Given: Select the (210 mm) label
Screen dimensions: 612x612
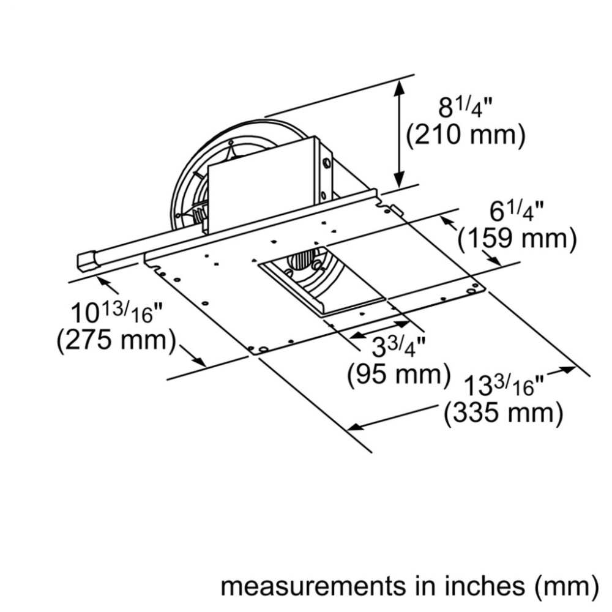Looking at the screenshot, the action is coord(466,136).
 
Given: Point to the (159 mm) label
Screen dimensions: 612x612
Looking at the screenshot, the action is coord(517,239).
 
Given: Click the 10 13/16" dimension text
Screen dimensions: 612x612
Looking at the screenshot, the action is coord(116,313).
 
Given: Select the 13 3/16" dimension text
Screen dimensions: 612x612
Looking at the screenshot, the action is coord(504,386).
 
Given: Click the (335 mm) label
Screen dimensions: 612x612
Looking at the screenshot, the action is coord(504,413).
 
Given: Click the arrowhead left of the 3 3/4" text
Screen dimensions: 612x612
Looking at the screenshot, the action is coord(356,335).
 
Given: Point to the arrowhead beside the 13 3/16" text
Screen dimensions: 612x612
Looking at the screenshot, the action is coord(568,369).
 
